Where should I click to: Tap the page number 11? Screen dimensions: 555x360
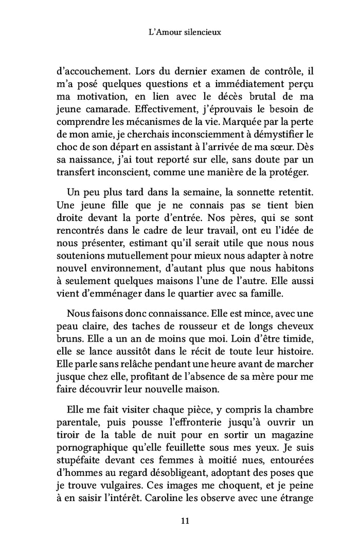click(179, 521)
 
